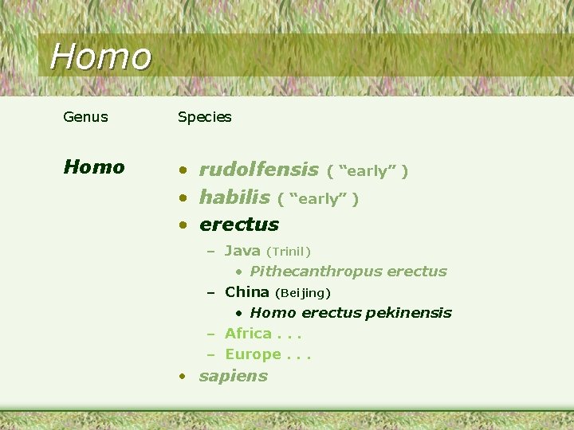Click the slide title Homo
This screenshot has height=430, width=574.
[100, 57]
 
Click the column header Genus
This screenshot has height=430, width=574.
[85, 117]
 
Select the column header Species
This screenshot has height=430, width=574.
[204, 117]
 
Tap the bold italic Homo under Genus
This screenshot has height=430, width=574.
[94, 167]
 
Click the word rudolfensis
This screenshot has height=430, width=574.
[258, 170]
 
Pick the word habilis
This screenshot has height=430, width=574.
[234, 197]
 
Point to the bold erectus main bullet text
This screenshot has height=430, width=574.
[239, 225]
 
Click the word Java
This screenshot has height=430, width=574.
[242, 251]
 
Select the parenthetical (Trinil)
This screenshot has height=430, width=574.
[288, 252]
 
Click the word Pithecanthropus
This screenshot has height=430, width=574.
[305, 272]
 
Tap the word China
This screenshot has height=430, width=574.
[246, 292]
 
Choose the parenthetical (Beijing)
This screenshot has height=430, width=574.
[302, 293]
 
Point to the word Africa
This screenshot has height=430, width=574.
[248, 334]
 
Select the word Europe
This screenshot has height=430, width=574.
[253, 354]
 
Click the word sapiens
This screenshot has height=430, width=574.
[233, 376]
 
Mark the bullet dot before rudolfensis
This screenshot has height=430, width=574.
[183, 170]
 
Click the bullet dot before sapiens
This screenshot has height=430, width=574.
[183, 376]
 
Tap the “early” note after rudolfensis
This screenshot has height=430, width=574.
[368, 171]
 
